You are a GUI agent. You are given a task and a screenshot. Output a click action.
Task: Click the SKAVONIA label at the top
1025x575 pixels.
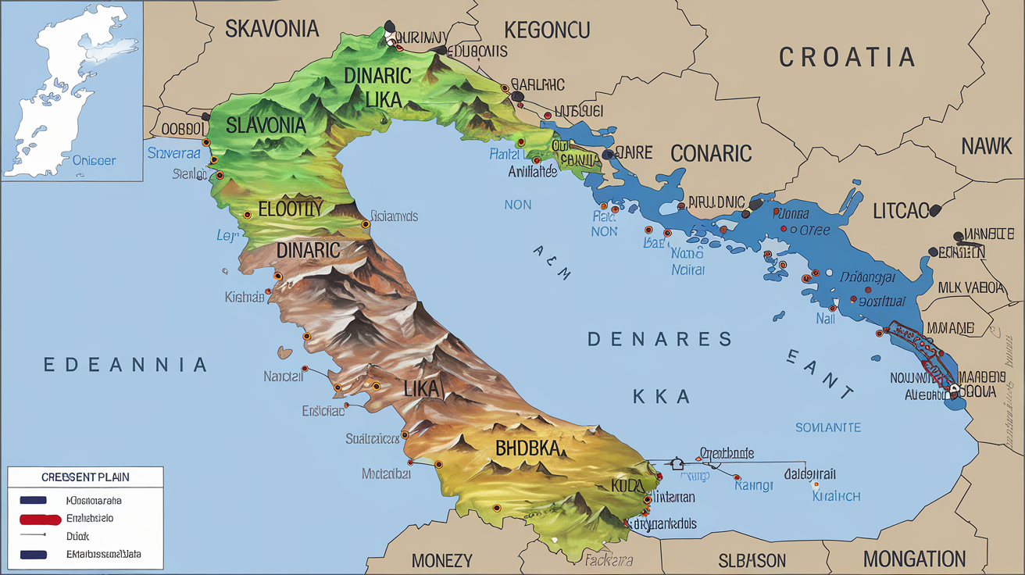click(272, 29)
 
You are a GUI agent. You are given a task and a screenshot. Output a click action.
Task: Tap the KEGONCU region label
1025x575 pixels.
click(547, 30)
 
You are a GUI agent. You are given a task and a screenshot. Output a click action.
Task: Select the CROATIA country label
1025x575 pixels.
click(847, 57)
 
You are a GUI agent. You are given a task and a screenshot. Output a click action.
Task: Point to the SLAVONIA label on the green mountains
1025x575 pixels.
click(266, 124)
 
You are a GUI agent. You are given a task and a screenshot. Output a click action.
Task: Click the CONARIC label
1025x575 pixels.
click(711, 152)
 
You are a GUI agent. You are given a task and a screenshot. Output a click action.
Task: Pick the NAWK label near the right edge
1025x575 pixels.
click(986, 145)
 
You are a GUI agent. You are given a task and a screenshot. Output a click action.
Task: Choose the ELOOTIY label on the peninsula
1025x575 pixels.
click(289, 209)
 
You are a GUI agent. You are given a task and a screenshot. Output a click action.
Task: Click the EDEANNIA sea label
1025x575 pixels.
click(125, 365)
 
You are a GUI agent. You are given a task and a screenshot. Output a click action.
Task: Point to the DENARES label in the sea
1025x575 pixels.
click(659, 339)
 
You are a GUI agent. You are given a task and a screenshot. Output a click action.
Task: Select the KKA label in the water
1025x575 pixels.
click(661, 397)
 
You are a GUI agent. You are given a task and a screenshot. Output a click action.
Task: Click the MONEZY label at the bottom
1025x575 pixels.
click(441, 560)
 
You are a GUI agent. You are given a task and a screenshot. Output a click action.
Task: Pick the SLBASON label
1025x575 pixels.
click(752, 560)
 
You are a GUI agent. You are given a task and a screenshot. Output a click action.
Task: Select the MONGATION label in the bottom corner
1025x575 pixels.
click(914, 559)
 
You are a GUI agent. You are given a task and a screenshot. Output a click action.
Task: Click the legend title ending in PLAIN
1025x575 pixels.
click(85, 477)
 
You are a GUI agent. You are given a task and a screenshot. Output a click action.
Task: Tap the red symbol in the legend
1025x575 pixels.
click(40, 519)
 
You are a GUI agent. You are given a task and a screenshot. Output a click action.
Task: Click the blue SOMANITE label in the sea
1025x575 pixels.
click(828, 427)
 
